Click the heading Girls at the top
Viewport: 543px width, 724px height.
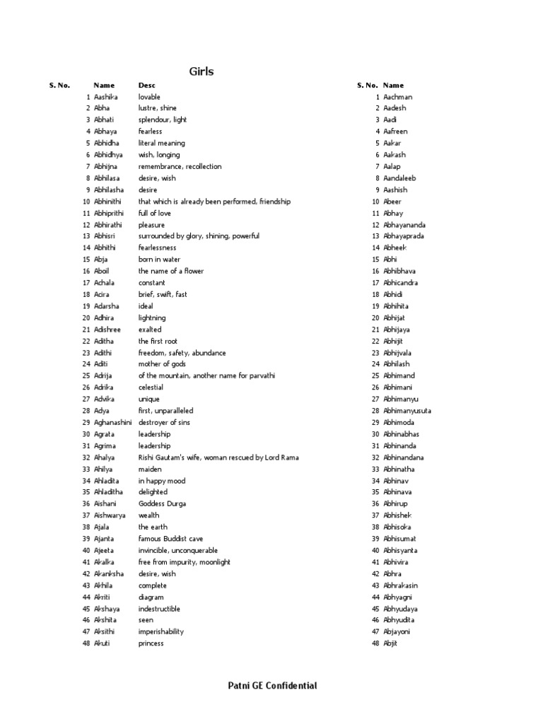(202, 71)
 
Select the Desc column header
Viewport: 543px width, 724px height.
(146, 85)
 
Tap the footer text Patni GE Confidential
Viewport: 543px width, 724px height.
(272, 685)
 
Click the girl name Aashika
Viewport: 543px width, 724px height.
(106, 97)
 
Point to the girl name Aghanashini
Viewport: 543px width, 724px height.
(113, 423)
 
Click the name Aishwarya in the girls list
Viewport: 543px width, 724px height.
(110, 515)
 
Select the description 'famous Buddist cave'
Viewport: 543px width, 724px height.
(170, 539)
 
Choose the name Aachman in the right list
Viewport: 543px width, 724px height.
(398, 97)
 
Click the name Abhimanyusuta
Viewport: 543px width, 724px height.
(407, 411)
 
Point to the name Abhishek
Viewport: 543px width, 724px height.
(397, 515)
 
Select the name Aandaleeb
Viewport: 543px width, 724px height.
(399, 178)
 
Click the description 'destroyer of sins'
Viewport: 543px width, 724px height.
(164, 423)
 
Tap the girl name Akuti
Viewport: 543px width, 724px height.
(103, 643)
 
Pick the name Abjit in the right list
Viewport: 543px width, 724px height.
(392, 643)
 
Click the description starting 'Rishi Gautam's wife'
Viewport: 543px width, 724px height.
(218, 457)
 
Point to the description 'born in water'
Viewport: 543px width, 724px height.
(159, 259)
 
